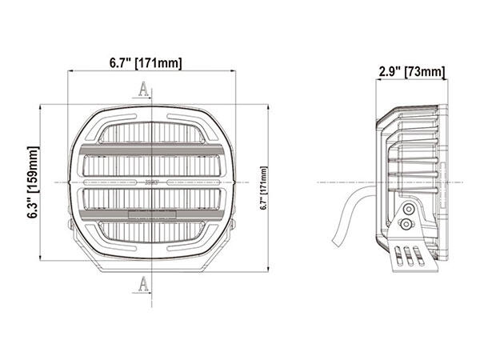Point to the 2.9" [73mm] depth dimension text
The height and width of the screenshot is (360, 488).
click(x=411, y=74)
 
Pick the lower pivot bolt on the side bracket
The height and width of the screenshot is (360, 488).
click(x=409, y=225)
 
